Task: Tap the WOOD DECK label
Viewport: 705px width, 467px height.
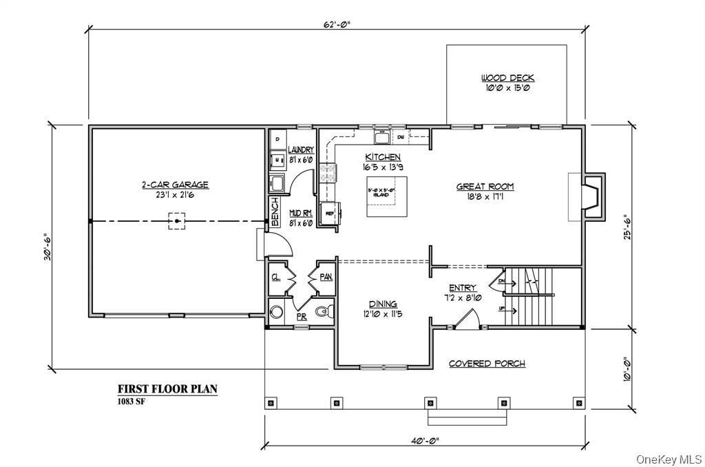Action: [x=507, y=78]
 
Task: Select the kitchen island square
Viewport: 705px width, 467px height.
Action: [x=386, y=196]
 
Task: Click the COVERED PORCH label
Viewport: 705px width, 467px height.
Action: [x=487, y=363]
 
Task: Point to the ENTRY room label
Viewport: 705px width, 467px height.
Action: [x=463, y=288]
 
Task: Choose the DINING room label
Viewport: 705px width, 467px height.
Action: [x=383, y=304]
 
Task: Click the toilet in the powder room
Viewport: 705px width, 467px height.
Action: [x=323, y=312]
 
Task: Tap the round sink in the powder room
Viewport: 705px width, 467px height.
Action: [x=277, y=311]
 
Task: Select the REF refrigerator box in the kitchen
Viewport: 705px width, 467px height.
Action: [x=328, y=214]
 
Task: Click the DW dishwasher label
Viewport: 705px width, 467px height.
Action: [x=400, y=138]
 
